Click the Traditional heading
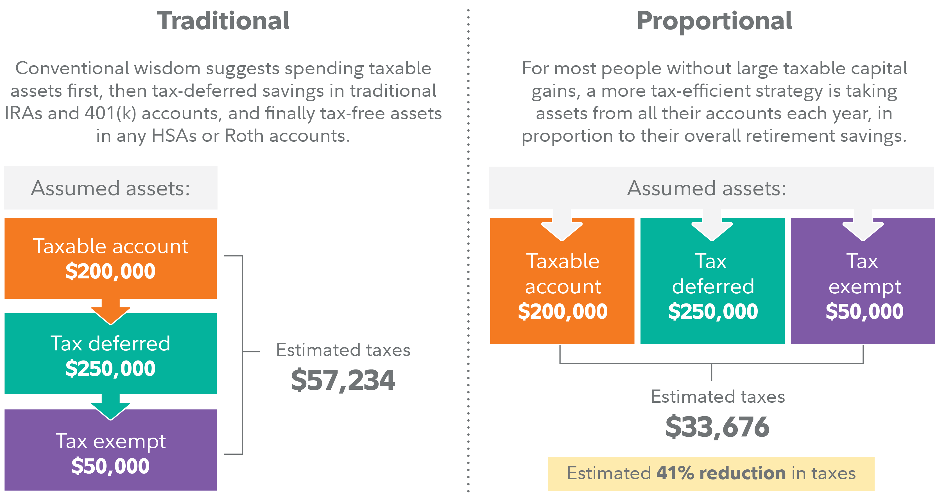(223, 21)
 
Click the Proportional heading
(714, 21)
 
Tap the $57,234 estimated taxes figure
(343, 380)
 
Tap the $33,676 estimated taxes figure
(717, 427)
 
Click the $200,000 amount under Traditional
(110, 271)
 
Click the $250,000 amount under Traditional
(110, 368)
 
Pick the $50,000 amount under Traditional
(110, 466)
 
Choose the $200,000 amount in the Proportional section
(562, 312)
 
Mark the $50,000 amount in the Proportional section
(864, 312)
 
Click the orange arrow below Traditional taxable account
(110, 312)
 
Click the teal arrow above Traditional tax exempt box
(110, 408)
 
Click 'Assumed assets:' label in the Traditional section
(110, 189)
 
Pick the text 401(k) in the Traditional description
(110, 113)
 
